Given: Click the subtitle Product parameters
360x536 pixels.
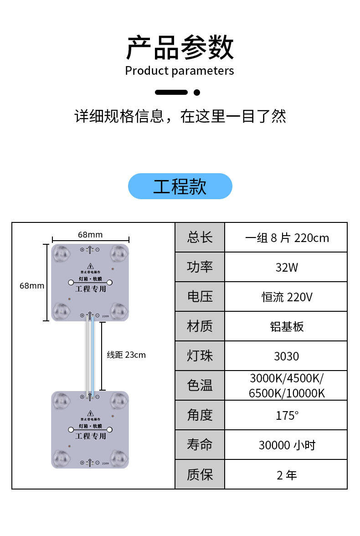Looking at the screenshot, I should point(180,71).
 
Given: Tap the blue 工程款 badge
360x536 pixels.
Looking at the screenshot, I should point(180,186).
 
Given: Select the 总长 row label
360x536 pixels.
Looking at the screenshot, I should point(200,237).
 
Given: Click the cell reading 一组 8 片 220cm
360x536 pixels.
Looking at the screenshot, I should point(286,238).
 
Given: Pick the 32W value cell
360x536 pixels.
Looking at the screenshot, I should point(286,267).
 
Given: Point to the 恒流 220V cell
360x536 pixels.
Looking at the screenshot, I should point(286,297).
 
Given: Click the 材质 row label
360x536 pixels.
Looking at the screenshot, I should point(200,326).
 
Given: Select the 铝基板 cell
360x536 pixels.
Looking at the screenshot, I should point(286,327).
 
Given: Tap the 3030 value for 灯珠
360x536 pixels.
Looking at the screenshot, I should point(286,356).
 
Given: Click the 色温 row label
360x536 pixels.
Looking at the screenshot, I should point(200,386).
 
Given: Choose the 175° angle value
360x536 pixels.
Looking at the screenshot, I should point(286,416).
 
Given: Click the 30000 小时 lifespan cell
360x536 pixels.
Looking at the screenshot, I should point(286,445).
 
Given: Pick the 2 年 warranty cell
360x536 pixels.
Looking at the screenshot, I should point(286,475).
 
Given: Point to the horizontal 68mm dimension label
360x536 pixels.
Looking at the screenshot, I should point(90,235).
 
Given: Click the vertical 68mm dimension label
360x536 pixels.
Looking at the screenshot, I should point(32,286).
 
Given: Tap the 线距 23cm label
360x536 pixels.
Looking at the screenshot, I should point(126,355).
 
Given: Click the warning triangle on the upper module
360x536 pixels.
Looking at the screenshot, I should point(90,266).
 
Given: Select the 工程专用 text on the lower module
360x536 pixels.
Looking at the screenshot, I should point(90,436).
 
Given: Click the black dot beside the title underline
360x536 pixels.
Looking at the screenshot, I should point(197,93).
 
